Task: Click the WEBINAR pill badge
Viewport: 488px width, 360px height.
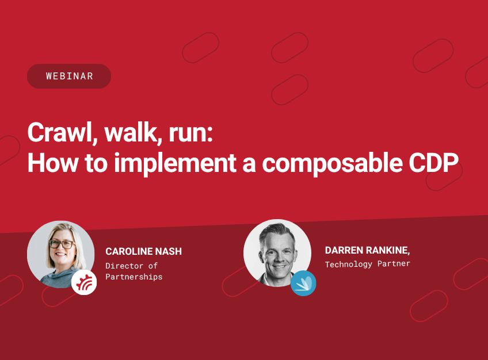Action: point(69,76)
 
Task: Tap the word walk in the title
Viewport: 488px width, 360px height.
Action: point(128,134)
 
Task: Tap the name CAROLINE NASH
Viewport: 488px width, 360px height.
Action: point(143,252)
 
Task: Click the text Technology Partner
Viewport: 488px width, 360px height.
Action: point(367,265)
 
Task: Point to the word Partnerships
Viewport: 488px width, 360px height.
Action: point(134,277)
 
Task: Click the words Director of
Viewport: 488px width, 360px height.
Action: point(131,266)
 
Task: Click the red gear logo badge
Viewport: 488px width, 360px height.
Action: point(84,282)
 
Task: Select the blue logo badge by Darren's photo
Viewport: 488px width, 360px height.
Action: point(303,283)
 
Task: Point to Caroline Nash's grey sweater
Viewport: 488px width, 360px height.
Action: point(55,277)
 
